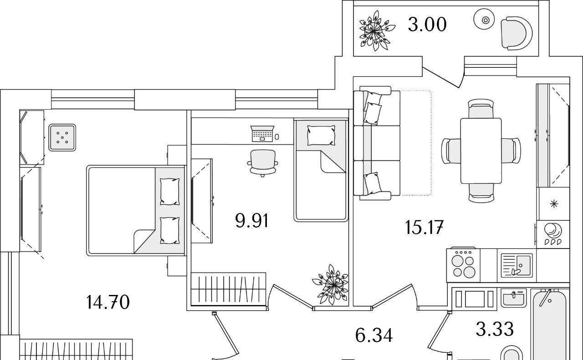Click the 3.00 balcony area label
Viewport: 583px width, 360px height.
(427, 25)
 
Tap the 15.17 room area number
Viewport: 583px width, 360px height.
(424, 227)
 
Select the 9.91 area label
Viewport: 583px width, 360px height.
(252, 221)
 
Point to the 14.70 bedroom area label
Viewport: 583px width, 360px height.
(108, 302)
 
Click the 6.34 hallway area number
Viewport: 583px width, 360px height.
(373, 336)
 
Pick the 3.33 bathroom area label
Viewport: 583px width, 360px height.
(495, 329)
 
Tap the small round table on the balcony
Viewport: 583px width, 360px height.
(486, 20)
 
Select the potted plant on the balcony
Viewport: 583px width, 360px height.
(376, 31)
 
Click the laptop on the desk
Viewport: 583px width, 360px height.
(262, 134)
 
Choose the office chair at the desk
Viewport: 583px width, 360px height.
(263, 162)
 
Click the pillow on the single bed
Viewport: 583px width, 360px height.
(321, 135)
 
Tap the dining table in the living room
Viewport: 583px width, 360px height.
(481, 150)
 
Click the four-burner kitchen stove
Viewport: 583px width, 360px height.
(463, 264)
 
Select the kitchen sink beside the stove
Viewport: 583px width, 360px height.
(517, 265)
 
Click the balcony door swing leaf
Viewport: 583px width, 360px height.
(442, 77)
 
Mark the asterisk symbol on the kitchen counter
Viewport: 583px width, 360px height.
(554, 204)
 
